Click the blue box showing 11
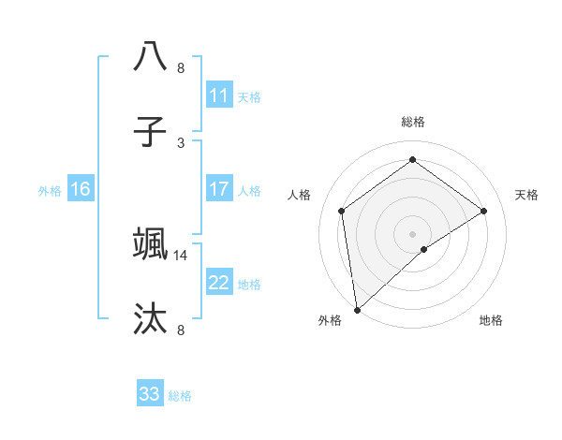(219, 95)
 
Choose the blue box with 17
(219, 189)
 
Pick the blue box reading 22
(219, 283)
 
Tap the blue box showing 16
(81, 189)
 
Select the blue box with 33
(150, 394)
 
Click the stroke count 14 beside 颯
(181, 255)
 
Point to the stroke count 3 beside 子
(181, 143)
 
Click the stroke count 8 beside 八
(181, 68)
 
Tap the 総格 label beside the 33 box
(181, 396)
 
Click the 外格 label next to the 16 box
(50, 191)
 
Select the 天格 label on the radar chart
(527, 195)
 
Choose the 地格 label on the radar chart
(491, 321)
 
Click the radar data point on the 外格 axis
(357, 309)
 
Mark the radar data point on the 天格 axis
(484, 211)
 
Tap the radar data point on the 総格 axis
(412, 159)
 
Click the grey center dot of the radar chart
(412, 233)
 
